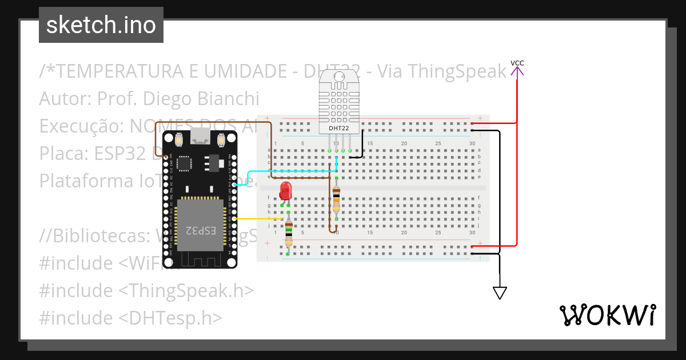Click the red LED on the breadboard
tap(285, 191)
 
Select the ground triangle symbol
tap(500, 293)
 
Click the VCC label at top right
tap(517, 63)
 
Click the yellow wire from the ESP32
tap(257, 219)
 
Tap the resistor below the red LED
tap(289, 233)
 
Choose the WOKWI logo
tap(607, 315)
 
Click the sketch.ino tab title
tap(101, 25)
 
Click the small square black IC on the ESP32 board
tap(185, 163)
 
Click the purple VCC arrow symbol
tap(517, 71)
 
